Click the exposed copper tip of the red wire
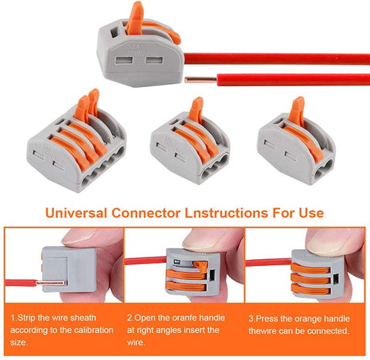click(x=190, y=79)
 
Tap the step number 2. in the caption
click(x=130, y=317)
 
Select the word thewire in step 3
click(x=265, y=330)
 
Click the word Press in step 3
click(x=271, y=317)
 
